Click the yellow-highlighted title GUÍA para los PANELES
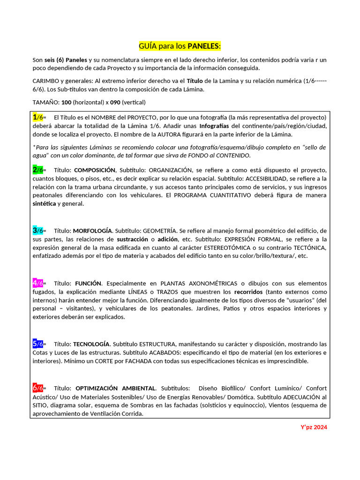180,46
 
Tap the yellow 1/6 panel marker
37,117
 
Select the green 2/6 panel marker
37,170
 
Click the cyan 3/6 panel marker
37,231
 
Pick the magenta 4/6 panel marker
37,283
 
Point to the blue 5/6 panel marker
37,344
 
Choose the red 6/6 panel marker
37,388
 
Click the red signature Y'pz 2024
314,427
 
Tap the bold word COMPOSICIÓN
95,170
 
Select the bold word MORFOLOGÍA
92,231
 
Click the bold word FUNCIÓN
88,284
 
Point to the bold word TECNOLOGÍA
91,344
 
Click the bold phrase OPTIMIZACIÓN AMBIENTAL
115,389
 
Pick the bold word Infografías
214,126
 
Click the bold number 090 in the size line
115,102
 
